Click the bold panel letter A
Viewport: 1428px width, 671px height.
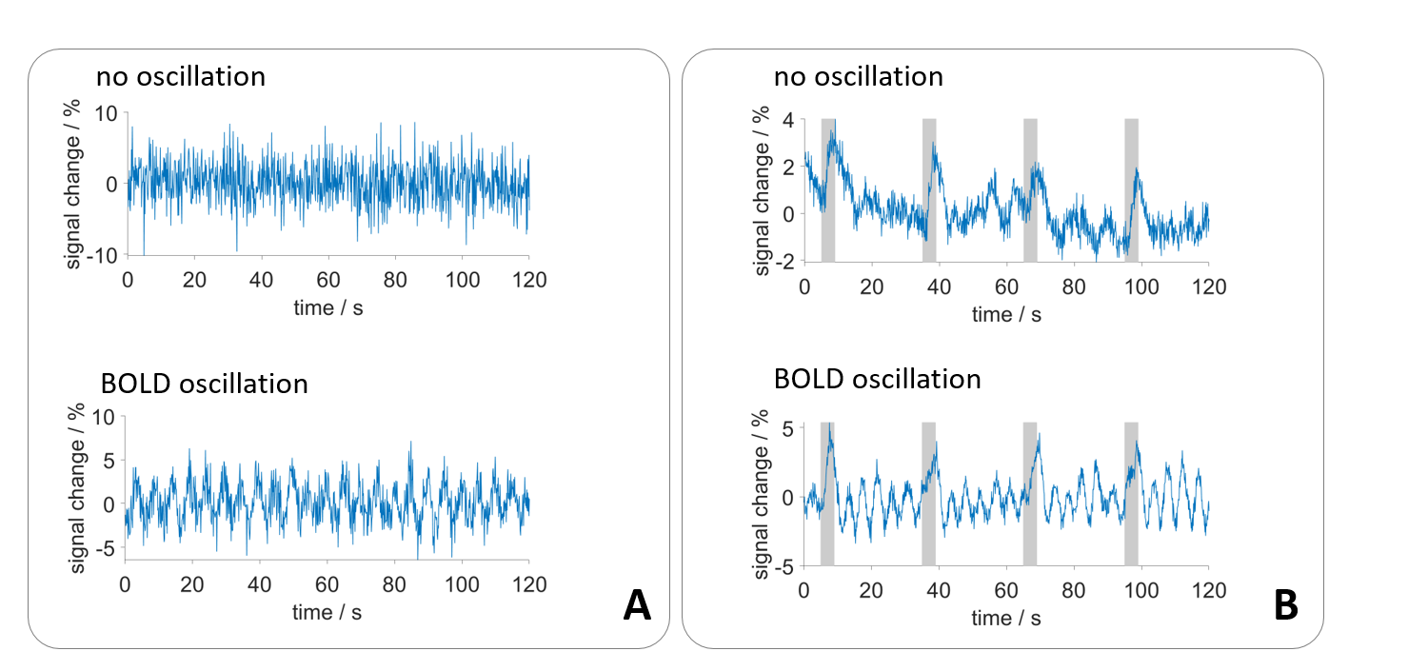tap(637, 605)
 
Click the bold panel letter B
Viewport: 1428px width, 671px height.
tap(1286, 605)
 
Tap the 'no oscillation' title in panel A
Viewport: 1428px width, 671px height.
tap(180, 76)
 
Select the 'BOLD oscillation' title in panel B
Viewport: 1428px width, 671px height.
tap(877, 379)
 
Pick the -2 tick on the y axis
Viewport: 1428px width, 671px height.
tap(783, 262)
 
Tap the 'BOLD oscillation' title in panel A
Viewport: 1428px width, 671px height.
tap(204, 384)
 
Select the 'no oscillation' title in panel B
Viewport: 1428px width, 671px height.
tap(858, 76)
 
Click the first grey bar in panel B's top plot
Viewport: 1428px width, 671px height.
tap(828, 189)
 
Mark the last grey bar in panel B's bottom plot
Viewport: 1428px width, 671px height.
tap(1131, 493)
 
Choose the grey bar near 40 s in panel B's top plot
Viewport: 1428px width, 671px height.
tap(929, 189)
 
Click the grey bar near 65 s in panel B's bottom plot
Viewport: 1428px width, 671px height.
tap(1030, 493)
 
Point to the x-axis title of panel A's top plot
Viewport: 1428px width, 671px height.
tap(327, 306)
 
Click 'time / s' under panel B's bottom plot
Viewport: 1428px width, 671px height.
tap(1006, 618)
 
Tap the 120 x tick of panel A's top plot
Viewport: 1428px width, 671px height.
tap(528, 279)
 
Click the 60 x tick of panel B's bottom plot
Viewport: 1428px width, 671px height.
tap(1006, 589)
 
